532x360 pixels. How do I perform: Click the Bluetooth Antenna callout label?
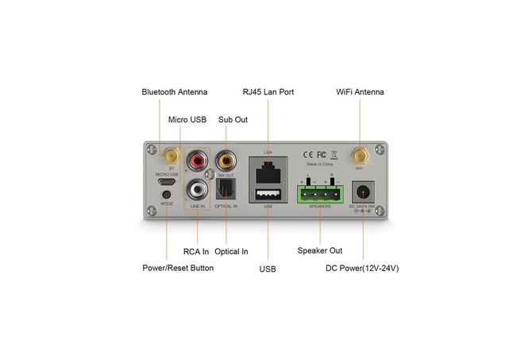click(174, 92)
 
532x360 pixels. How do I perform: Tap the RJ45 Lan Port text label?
click(268, 92)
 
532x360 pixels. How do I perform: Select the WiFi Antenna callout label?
click(360, 92)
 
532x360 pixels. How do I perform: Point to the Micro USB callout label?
click(187, 119)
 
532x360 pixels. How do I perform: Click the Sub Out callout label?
click(233, 119)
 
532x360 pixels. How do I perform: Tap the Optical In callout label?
click(231, 251)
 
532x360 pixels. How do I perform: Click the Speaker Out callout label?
click(320, 251)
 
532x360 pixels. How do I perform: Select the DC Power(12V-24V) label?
click(362, 268)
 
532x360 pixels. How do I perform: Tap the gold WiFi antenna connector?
click(359, 153)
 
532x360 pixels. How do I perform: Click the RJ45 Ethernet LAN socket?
click(268, 169)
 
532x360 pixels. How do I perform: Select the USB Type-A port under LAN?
click(268, 195)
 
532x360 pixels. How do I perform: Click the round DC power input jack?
click(363, 192)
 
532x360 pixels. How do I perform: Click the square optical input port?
click(227, 190)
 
